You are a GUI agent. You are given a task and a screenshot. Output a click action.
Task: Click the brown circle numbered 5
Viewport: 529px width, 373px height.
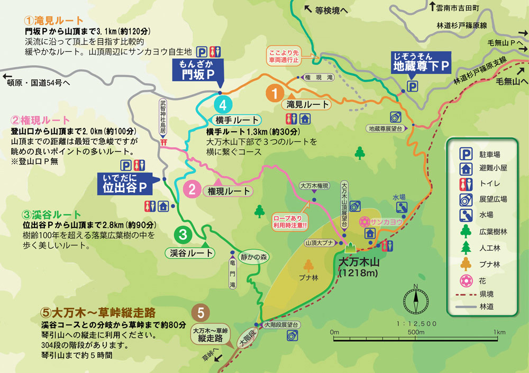[200, 312]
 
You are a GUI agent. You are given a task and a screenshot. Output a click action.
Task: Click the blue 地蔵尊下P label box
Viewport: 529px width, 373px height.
[420, 62]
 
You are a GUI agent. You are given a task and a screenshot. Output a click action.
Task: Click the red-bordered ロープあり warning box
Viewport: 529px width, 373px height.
[289, 221]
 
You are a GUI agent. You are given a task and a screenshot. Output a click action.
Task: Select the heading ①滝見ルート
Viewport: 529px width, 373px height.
[54, 21]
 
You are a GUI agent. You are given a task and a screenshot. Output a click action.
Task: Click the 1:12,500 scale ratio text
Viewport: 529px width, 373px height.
[416, 323]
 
